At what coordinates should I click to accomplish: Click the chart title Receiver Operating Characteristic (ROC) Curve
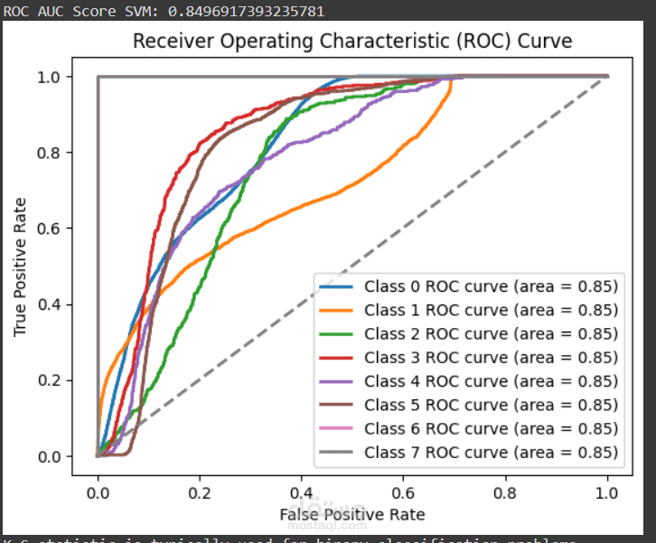pyautogui.click(x=352, y=42)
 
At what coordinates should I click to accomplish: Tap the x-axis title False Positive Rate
pyautogui.click(x=352, y=514)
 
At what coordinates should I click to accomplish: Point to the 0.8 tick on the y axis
pyautogui.click(x=51, y=153)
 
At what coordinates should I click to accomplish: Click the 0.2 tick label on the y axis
pyautogui.click(x=51, y=380)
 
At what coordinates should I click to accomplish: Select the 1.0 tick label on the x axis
pyautogui.click(x=607, y=493)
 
